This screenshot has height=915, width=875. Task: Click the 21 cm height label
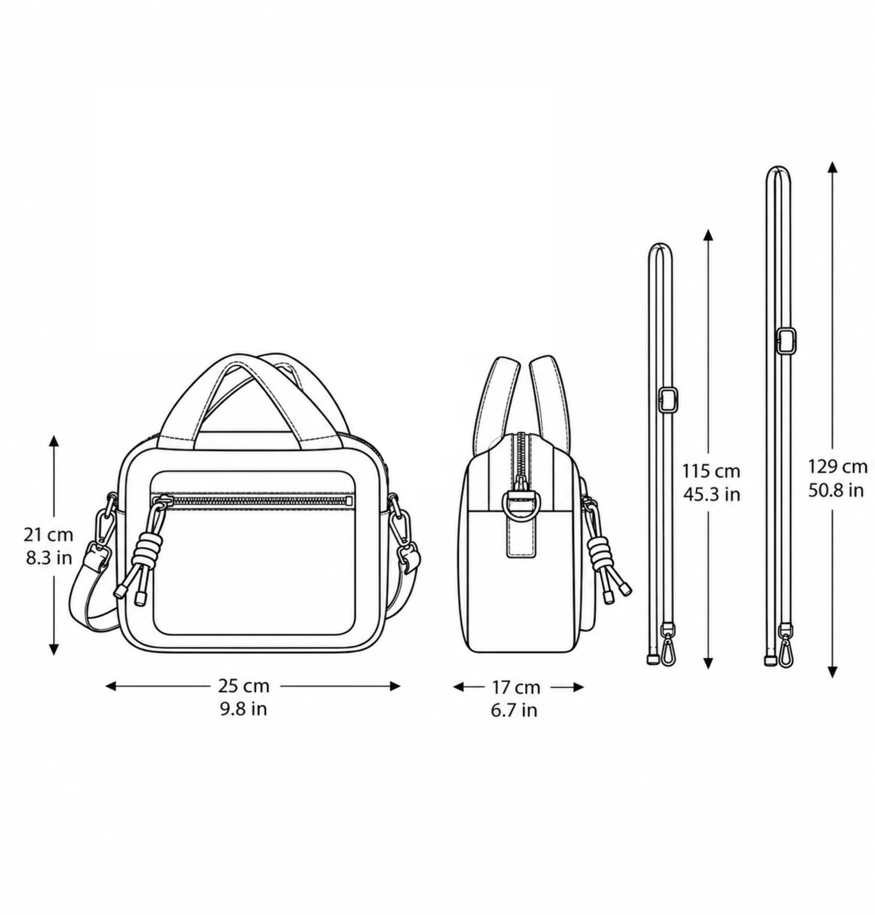49,534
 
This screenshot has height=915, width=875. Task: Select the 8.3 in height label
49,558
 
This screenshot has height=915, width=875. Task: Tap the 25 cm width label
244,686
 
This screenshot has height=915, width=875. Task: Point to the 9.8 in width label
244,709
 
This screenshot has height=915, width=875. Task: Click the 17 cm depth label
516,688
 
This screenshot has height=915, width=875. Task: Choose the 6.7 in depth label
514,710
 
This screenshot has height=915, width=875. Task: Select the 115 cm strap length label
711,471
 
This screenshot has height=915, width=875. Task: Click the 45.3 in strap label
712,494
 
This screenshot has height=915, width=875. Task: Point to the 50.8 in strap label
836,490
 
